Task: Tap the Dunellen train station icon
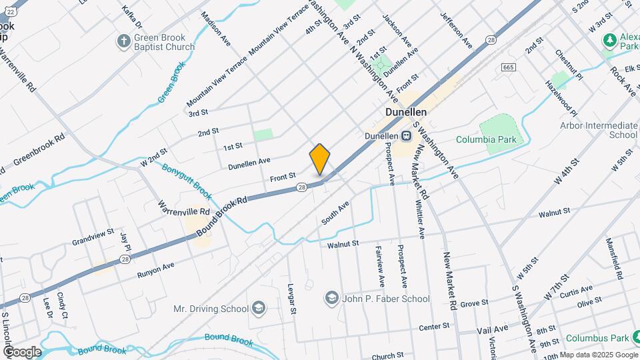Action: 406,136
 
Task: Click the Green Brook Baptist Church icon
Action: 123,42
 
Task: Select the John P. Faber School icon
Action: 331,298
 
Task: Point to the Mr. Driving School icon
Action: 259,308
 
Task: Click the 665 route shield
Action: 509,67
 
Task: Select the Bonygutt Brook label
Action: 187,181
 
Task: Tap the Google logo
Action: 21,352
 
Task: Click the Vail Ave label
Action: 493,329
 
